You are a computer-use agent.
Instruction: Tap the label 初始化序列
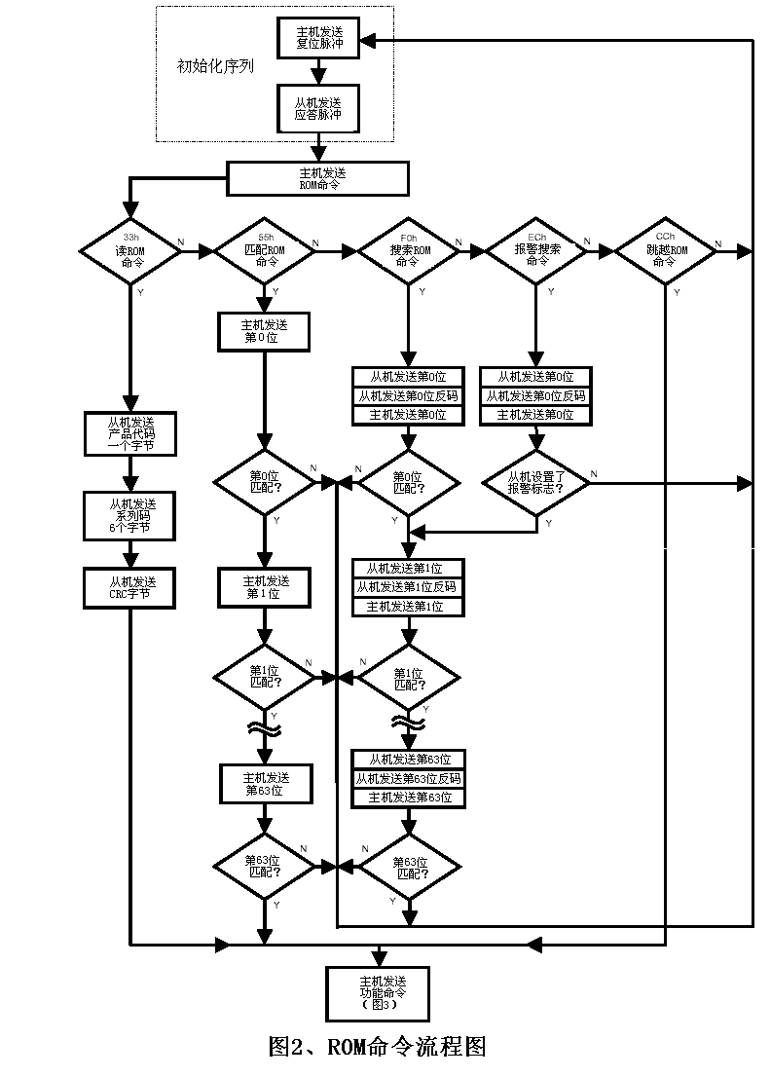coord(215,67)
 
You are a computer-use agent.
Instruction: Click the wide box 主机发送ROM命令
coord(317,177)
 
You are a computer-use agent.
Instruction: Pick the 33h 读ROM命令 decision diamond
coord(129,251)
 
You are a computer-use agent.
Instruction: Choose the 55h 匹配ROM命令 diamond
coord(265,251)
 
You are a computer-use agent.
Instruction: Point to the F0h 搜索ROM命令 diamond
coord(408,251)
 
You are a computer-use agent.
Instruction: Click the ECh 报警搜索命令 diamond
coord(536,251)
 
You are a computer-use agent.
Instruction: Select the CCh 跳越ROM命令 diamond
coord(666,251)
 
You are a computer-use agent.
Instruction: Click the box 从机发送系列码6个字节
coord(129,516)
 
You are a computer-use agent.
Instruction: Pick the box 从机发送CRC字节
coord(129,587)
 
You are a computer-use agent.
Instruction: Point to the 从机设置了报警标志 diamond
coord(536,483)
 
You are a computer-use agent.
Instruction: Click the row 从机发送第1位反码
coord(408,587)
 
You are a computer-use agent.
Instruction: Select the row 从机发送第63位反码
coord(408,778)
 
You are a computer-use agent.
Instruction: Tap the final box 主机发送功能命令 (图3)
coord(378,992)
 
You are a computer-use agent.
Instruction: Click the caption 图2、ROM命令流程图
coord(377,1047)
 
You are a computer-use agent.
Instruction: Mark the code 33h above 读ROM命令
coord(130,237)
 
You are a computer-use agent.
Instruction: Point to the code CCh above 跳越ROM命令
coord(666,237)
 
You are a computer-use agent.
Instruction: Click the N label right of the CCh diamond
coord(718,243)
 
